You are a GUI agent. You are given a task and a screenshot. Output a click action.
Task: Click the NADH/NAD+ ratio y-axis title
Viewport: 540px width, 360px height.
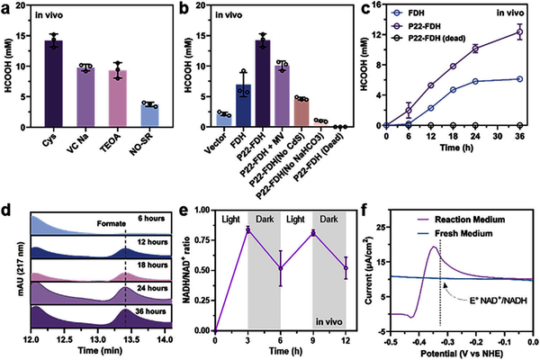(196, 270)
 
